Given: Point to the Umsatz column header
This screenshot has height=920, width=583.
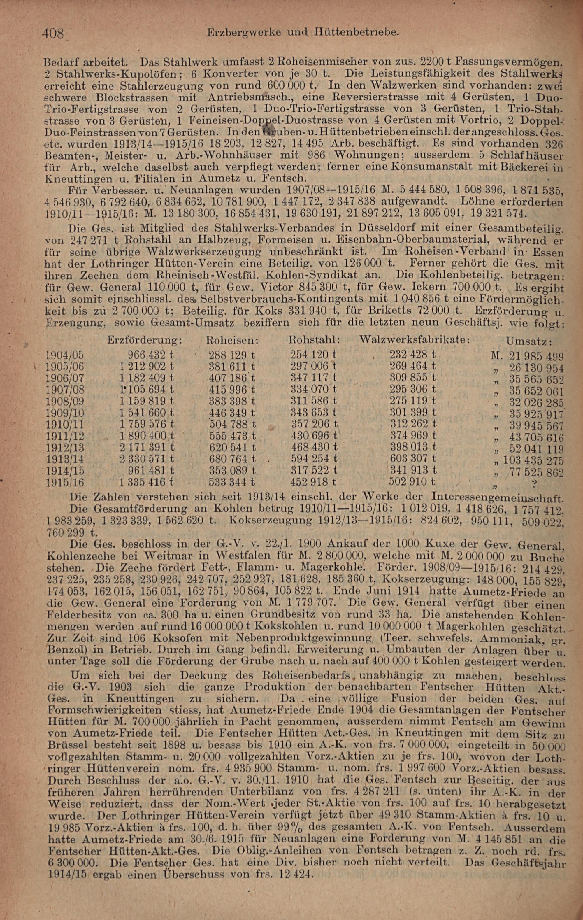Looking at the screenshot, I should coord(531,341).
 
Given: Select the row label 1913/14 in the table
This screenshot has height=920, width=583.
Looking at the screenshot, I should coord(64,460).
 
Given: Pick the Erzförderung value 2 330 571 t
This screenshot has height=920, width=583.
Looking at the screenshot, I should coord(147,459).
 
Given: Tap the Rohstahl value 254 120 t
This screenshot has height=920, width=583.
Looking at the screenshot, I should coord(313,354).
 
